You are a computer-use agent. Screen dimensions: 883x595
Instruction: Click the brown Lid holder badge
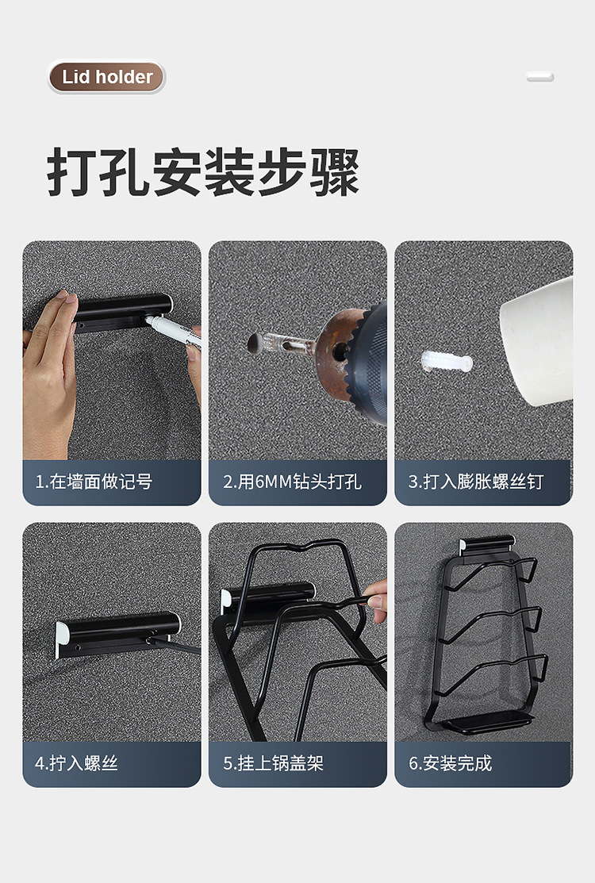coord(106,77)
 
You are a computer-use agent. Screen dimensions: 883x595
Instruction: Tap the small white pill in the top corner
coord(540,77)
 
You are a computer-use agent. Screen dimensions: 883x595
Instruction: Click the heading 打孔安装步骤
coord(203,172)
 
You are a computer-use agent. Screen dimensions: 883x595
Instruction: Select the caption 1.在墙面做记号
coord(94,482)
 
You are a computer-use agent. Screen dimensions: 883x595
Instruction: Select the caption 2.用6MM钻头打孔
coord(292,482)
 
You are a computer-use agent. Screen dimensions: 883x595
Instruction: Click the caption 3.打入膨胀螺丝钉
coord(476,482)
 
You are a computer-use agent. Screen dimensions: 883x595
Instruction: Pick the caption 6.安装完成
coord(451,763)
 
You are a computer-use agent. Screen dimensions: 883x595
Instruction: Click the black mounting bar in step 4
coord(119,631)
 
